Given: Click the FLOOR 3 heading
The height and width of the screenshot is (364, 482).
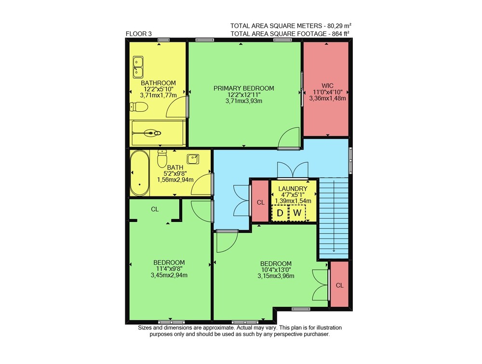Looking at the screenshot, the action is click(139, 34).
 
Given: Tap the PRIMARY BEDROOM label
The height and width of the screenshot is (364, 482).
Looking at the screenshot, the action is click(244, 89).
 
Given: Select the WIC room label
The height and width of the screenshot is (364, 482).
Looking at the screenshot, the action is click(327, 86).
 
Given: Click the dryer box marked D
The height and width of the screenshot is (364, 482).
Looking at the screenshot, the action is click(280, 212).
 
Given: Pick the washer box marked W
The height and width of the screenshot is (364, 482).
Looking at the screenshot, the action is click(297, 212).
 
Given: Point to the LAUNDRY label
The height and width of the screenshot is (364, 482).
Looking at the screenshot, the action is click(293, 189).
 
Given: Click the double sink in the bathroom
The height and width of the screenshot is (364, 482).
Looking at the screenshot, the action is click(138, 67).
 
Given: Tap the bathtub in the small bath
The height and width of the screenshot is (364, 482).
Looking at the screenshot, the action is click(140, 173).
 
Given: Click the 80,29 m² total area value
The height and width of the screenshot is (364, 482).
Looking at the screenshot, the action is click(338, 26).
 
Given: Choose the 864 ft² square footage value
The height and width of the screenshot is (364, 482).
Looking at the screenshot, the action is click(341, 34).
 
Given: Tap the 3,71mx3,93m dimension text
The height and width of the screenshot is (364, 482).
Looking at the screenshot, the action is click(244, 101).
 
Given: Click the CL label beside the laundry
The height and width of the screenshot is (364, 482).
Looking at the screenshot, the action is click(261, 202).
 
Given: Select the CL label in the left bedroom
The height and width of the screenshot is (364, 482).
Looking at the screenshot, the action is click(155, 209).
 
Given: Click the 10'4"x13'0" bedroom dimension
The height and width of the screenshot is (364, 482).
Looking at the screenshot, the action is click(276, 270).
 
